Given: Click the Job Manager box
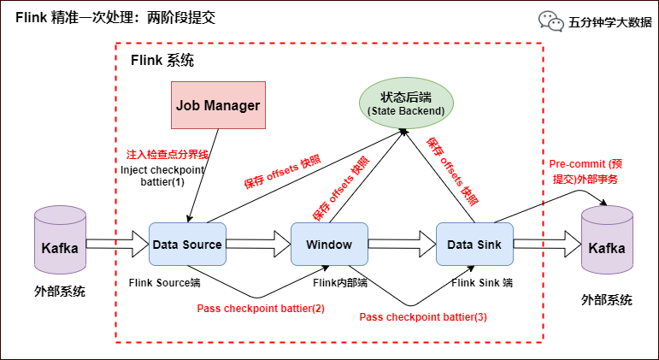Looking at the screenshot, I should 218,105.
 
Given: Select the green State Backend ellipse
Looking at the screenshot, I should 405,102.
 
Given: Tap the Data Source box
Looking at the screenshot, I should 187,245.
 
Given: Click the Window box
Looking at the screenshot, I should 329,245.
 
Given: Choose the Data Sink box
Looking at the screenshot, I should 474,245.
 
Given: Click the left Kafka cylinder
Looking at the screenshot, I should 60,241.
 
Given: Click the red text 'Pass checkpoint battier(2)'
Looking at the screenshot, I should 261,308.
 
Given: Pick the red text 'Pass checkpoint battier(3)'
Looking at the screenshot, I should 423,317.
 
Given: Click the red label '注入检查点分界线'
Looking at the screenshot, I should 167,155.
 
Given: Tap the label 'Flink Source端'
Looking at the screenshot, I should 164,282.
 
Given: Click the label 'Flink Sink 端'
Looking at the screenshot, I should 482,282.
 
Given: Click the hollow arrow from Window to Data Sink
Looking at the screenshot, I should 402,245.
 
